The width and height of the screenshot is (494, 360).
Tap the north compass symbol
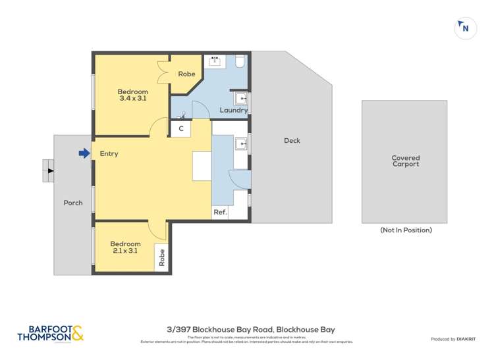[465, 28]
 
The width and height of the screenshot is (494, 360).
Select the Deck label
[292, 140]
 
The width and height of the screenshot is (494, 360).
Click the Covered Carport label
[405, 161]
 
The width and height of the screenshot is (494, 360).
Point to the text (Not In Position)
[406, 230]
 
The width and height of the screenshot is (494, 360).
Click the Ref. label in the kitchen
[220, 213]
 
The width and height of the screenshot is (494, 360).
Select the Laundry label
[233, 111]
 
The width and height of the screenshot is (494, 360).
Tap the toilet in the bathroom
[240, 62]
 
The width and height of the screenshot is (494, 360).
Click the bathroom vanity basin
[215, 62]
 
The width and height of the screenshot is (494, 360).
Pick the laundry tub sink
[241, 99]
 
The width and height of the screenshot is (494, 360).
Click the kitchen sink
[241, 143]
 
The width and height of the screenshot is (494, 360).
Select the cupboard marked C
[180, 130]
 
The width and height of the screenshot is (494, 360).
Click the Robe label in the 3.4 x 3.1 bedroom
[186, 74]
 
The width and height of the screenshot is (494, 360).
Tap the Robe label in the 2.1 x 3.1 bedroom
[161, 257]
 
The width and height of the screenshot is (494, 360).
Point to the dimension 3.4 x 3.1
[132, 99]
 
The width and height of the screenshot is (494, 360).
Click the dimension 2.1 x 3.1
[125, 251]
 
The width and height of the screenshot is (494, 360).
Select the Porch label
[73, 203]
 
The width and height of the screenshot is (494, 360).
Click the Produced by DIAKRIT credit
[453, 339]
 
